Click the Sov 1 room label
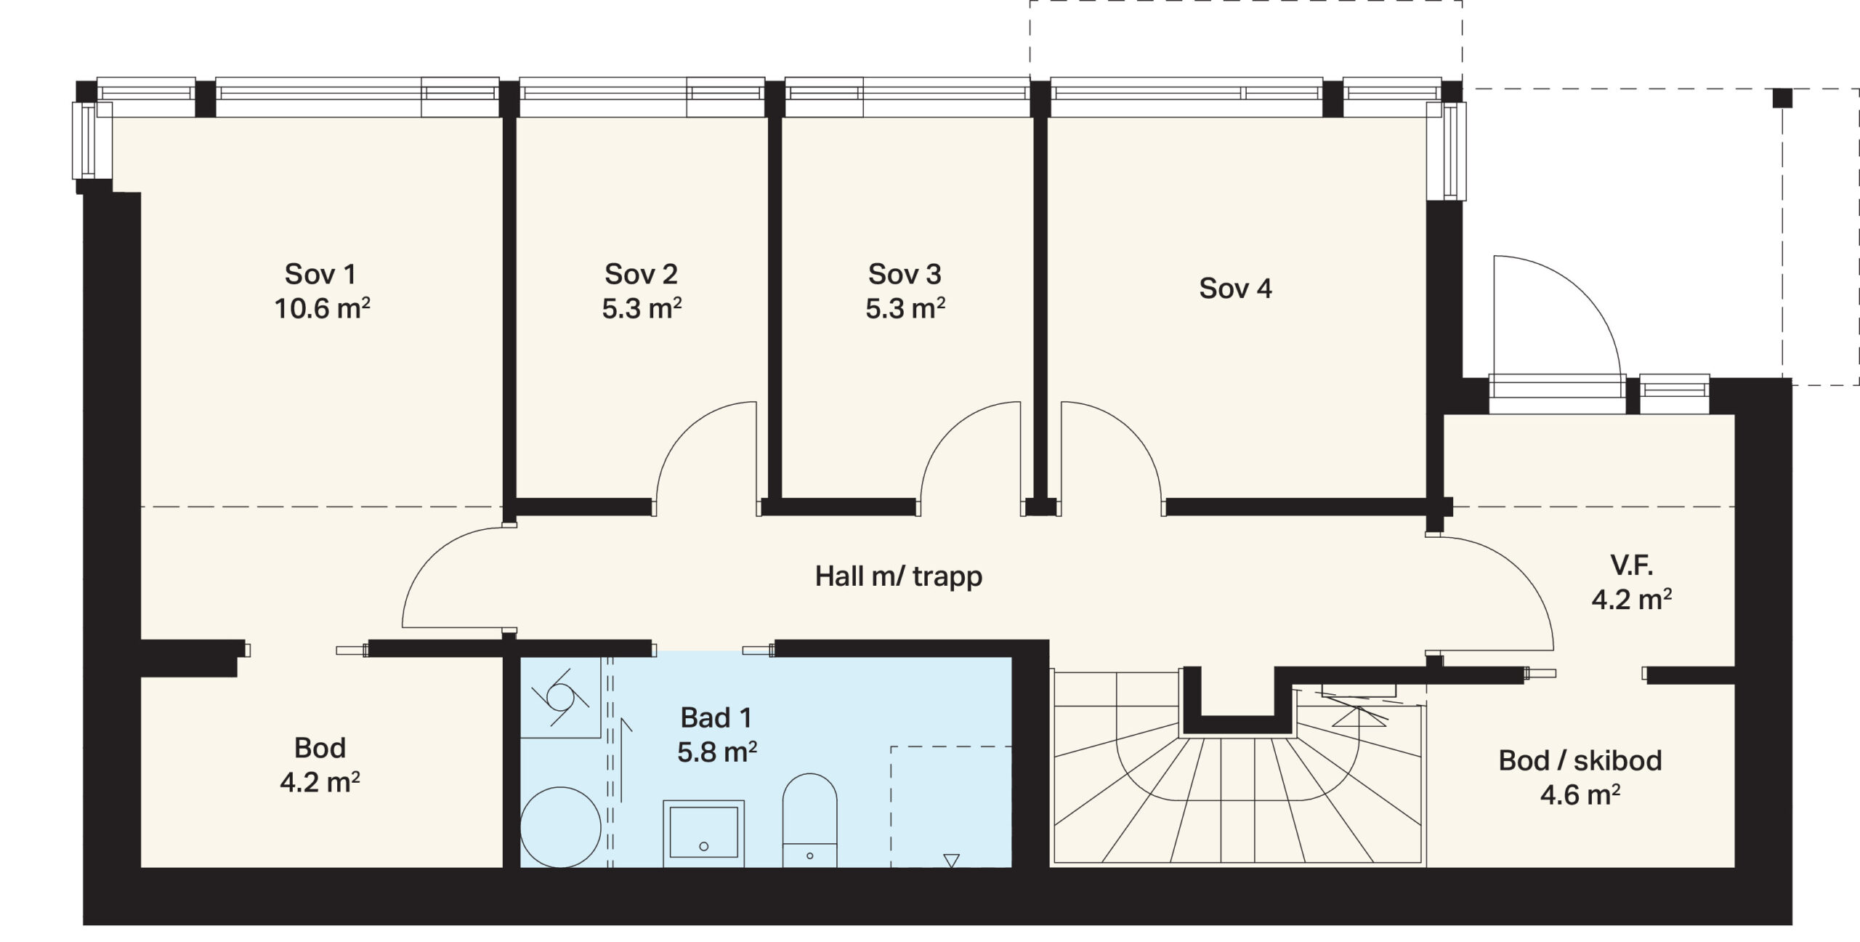[x=320, y=274]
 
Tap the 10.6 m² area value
[x=322, y=309]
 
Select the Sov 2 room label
[x=641, y=274]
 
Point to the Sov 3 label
[x=905, y=274]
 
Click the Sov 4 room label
[x=1235, y=289]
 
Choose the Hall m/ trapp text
[x=899, y=576]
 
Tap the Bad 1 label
[x=716, y=717]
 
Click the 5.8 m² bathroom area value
[x=717, y=752]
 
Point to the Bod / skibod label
[x=1580, y=760]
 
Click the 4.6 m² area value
[x=1580, y=794]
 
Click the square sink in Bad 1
[x=703, y=834]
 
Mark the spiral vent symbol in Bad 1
[x=559, y=696]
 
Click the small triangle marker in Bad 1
[x=951, y=861]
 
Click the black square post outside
[x=1783, y=98]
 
